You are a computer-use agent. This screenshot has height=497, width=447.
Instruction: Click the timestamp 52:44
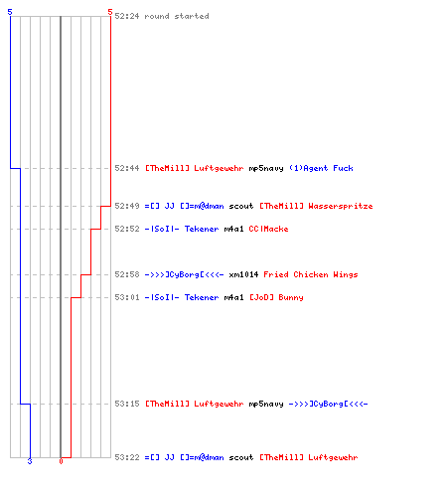(127, 168)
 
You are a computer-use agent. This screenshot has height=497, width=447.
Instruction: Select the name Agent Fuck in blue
(321, 168)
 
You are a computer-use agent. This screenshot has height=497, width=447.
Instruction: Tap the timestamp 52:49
(127, 206)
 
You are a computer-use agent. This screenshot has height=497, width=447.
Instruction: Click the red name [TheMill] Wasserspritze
(316, 206)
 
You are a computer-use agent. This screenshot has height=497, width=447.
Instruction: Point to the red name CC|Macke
(268, 229)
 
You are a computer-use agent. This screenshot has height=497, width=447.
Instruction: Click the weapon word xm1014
(243, 274)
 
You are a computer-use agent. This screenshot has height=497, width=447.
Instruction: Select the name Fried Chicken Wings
(311, 274)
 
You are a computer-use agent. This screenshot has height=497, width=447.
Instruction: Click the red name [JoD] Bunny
(276, 297)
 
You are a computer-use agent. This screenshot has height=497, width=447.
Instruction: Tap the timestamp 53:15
(127, 404)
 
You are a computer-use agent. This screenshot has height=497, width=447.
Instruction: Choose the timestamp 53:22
(127, 457)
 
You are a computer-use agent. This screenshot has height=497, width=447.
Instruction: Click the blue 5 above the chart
(10, 12)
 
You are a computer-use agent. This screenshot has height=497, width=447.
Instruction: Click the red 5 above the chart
(110, 12)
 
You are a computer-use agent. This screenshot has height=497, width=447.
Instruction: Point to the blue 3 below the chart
(30, 461)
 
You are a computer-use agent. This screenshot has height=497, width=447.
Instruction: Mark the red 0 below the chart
(61, 461)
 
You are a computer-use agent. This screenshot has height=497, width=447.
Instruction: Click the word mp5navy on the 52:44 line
(266, 168)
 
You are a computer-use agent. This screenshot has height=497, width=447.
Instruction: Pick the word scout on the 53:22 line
(241, 457)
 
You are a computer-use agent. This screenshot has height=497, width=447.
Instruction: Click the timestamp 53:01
(127, 297)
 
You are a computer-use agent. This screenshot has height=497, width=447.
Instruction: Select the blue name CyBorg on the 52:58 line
(184, 274)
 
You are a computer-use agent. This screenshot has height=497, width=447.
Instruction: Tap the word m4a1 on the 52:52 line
(233, 229)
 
